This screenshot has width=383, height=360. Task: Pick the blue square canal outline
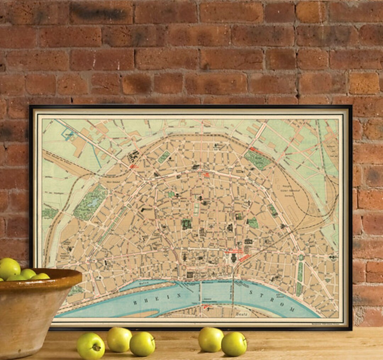pyautogui.click(x=67, y=134)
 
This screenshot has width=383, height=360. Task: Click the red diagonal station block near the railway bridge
pyautogui.click(x=244, y=258)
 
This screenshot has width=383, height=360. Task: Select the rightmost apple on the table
pyautogui.click(x=234, y=344)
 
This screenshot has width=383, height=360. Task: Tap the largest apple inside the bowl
pyautogui.click(x=9, y=268)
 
